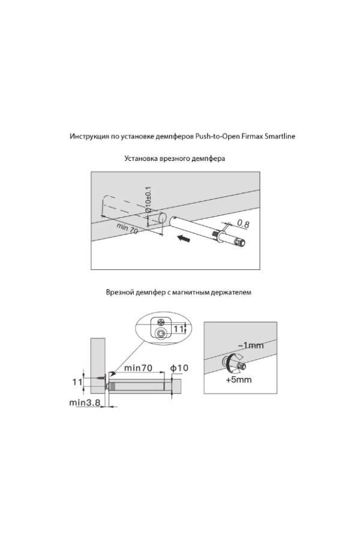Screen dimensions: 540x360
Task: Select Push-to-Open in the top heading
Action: point(216,136)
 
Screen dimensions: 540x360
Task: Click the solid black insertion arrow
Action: point(188,240)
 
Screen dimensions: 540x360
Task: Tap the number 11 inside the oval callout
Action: point(178,329)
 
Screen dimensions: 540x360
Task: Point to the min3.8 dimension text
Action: point(84,403)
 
